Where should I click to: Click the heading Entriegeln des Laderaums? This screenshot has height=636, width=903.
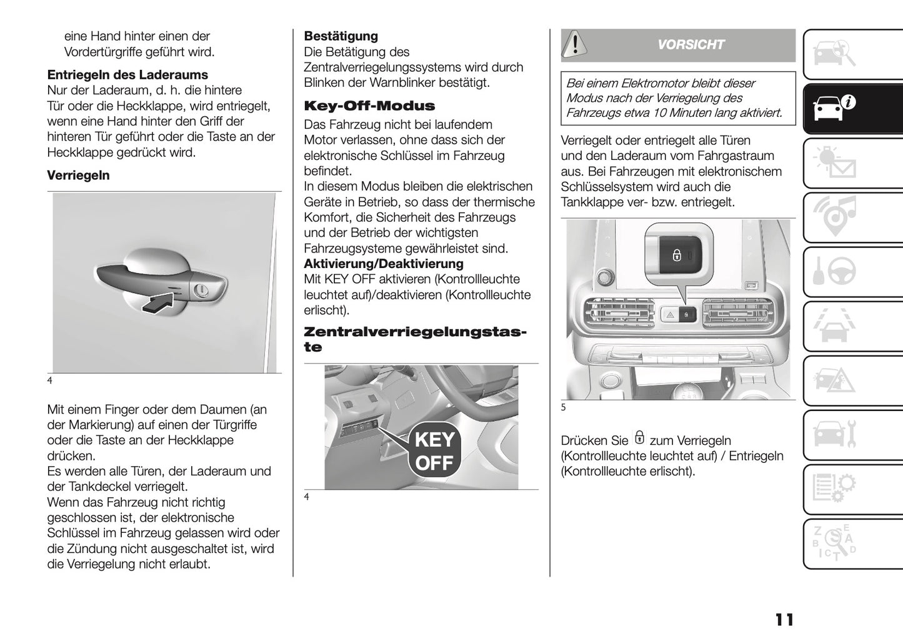point(127,75)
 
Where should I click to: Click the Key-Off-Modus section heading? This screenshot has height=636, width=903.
point(369,106)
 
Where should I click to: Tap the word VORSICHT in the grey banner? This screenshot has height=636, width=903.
point(691,45)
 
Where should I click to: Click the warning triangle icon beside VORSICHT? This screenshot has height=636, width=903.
point(575,44)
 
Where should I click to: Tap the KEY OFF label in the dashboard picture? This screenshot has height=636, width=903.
point(434,452)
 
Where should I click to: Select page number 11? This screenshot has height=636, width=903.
point(784,620)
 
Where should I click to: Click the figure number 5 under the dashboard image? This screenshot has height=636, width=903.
point(563,407)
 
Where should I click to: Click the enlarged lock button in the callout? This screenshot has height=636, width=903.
point(677,255)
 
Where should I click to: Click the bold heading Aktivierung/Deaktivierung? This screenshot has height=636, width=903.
point(383,264)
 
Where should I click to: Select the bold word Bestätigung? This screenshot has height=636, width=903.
point(341,36)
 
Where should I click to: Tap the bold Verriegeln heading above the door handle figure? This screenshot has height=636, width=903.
point(78,176)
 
